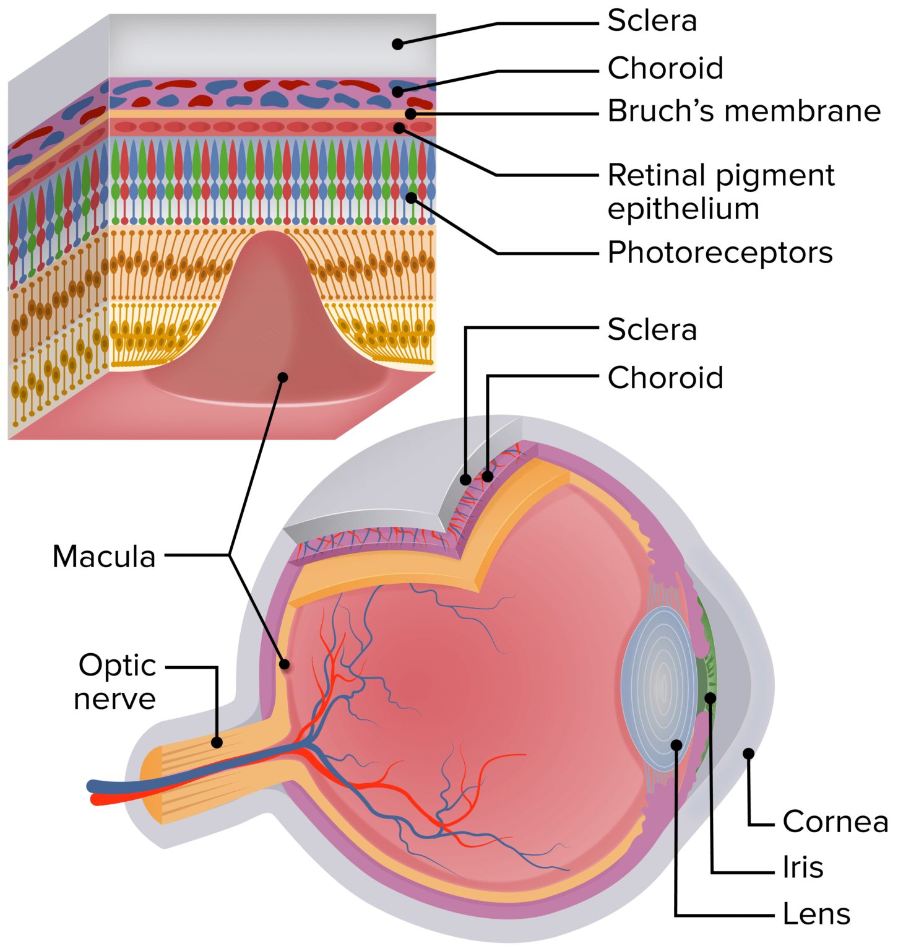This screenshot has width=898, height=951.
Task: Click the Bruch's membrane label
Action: [744, 112]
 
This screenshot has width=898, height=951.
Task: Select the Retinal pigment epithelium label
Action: [721, 192]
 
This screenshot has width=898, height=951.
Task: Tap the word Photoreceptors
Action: [720, 253]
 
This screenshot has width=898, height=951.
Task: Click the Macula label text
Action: [104, 556]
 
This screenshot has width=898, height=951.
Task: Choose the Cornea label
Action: [835, 822]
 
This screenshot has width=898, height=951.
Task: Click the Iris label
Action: [803, 867]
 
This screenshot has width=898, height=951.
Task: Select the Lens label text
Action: [816, 914]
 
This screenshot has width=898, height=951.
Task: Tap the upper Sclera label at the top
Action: [652, 21]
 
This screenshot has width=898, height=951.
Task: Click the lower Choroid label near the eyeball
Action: [665, 378]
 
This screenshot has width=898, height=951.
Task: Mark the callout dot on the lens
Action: [676, 745]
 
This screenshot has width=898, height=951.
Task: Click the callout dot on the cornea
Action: [748, 753]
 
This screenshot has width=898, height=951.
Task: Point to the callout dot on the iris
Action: [710, 698]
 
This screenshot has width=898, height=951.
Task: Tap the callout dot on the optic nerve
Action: [217, 742]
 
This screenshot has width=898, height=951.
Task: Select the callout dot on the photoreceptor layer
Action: [412, 198]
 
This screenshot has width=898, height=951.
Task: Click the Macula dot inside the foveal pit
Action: [283, 377]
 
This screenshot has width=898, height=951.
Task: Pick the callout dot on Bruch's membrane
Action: [410, 114]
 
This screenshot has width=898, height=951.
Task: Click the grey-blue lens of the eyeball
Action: [656, 687]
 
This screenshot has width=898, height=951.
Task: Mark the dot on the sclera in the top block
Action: [398, 44]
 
